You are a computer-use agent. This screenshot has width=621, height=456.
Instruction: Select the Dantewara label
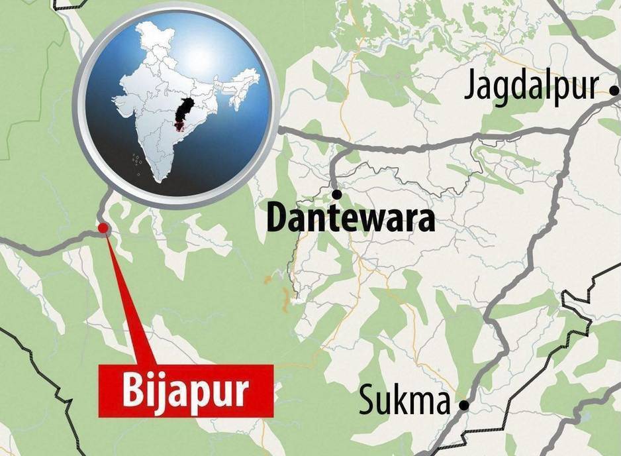tap(350, 219)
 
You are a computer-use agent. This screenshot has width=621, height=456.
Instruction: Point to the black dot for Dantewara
tap(337, 194)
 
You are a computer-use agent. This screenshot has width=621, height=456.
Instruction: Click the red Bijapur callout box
tap(185, 391)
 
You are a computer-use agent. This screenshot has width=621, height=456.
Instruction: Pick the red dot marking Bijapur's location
tap(103, 229)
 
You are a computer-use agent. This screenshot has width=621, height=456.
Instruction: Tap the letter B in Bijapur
tap(130, 392)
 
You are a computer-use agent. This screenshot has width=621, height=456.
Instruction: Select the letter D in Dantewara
tap(276, 219)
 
